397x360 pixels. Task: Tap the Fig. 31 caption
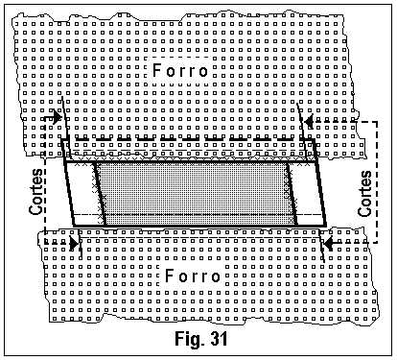tap(199, 339)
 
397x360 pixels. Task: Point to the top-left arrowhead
tap(60, 118)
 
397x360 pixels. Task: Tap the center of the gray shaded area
tap(197, 193)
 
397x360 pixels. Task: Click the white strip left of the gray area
tap(83, 193)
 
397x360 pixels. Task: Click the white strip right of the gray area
tap(308, 193)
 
